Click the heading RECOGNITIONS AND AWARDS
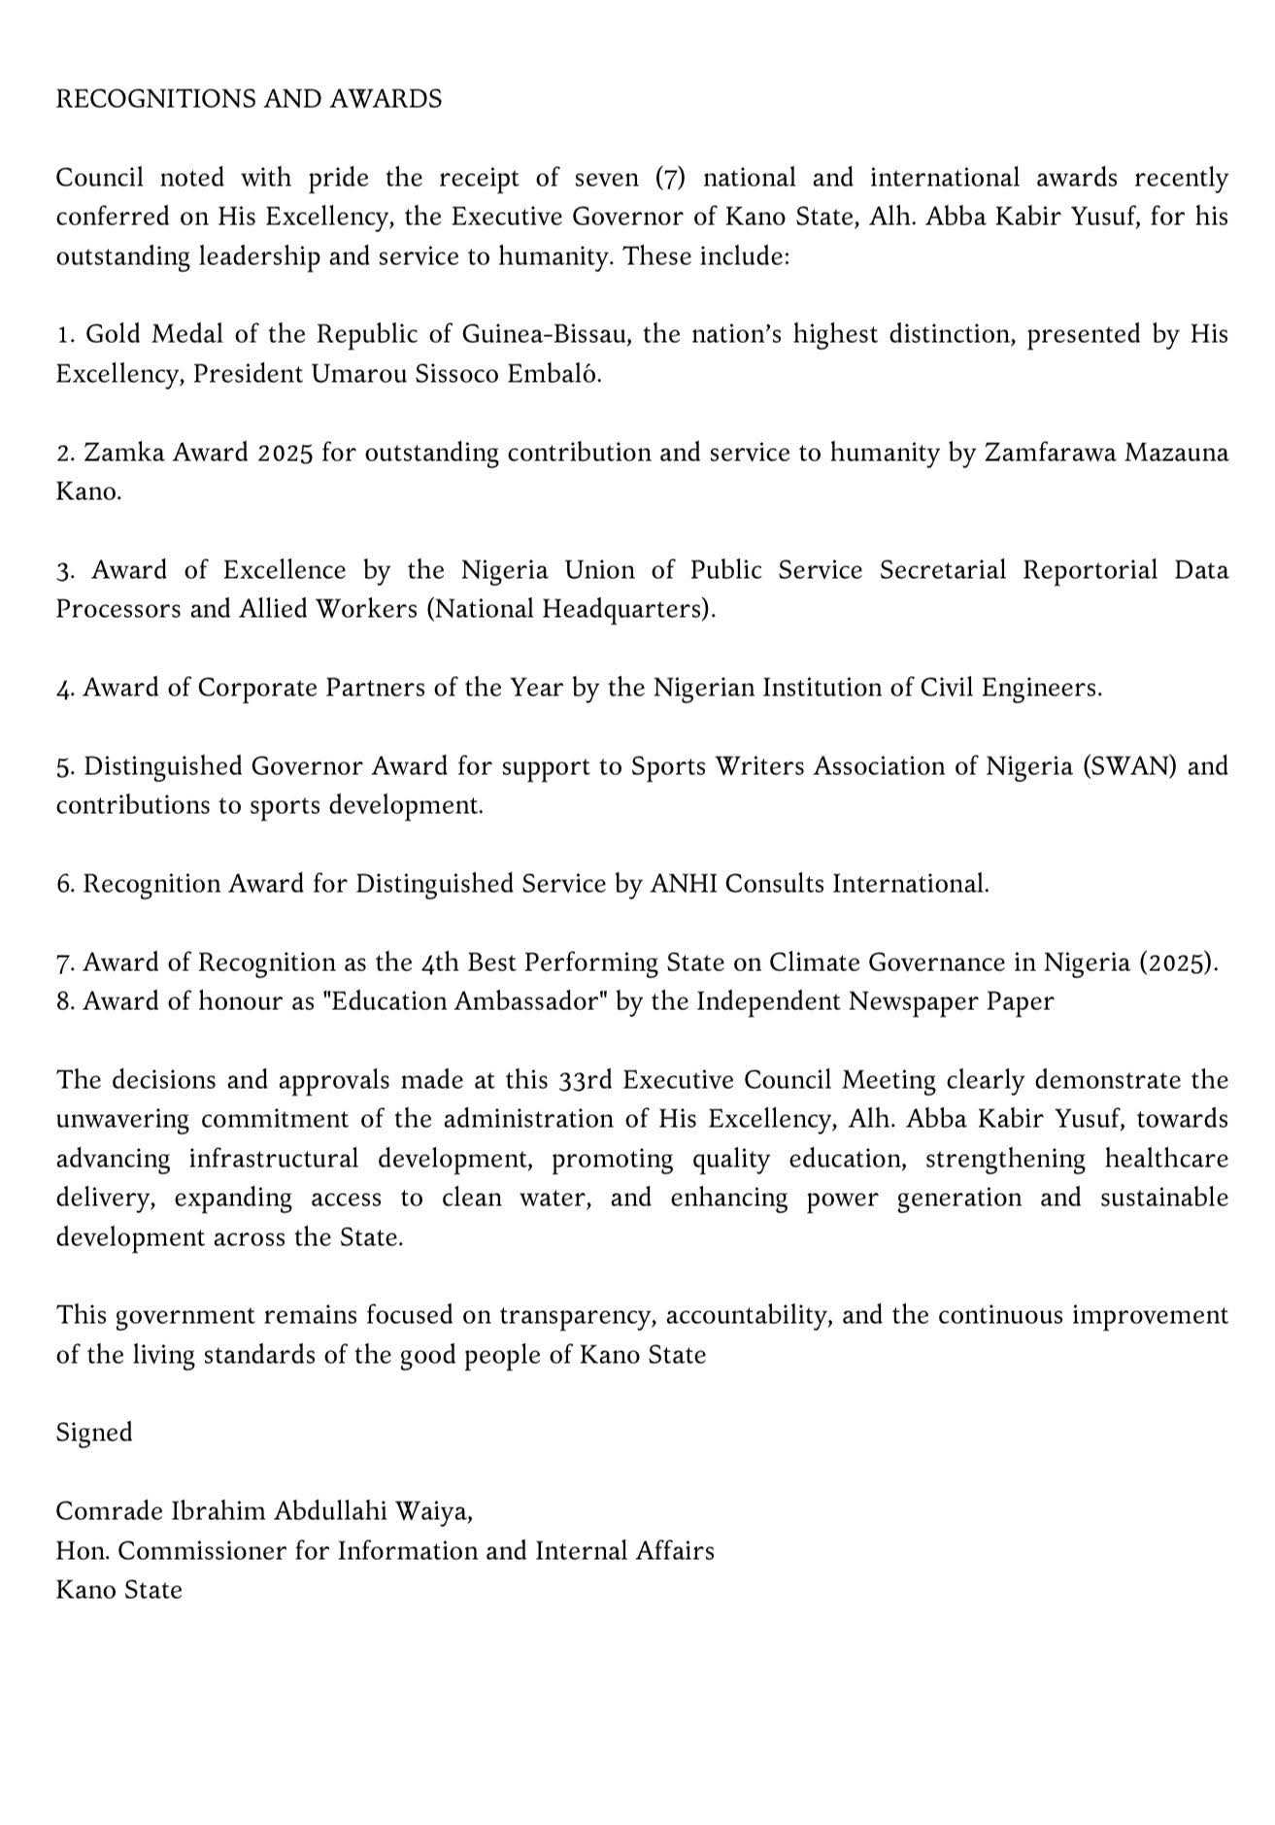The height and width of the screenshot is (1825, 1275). point(249,99)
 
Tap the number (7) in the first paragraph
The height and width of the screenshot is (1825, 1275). point(670,178)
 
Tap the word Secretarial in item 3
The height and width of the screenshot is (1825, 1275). point(944,570)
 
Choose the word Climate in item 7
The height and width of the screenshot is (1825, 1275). point(814,963)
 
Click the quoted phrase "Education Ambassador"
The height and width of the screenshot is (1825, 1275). point(469,1001)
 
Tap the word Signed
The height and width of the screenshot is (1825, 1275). point(94,1433)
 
